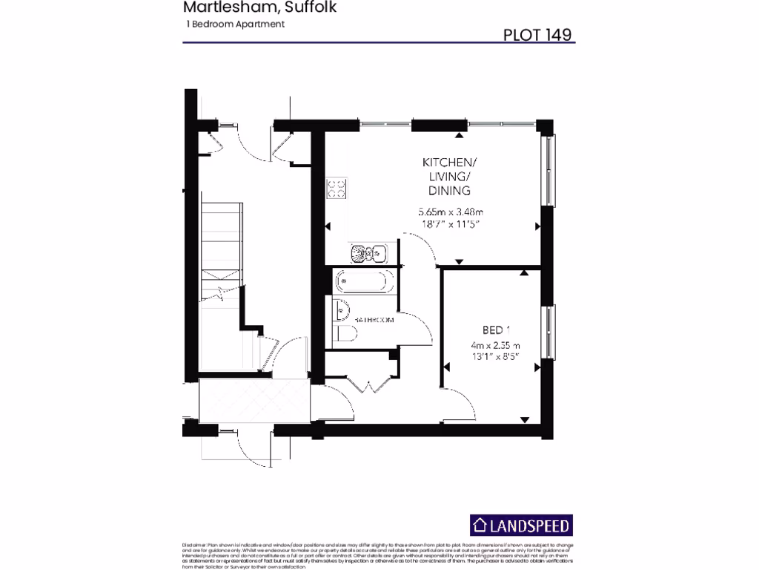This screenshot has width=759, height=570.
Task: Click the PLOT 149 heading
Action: [x=537, y=33]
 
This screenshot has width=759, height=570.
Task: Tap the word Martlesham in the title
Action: [x=216, y=8]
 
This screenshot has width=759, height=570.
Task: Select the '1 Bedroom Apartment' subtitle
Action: [x=236, y=24]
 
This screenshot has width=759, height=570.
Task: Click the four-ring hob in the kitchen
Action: [x=337, y=187]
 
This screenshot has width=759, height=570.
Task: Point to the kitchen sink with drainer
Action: [x=366, y=255]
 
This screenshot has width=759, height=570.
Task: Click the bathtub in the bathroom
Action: [x=360, y=282]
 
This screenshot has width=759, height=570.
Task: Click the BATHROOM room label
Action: [x=375, y=320]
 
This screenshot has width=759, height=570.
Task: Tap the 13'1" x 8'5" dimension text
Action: [x=494, y=357]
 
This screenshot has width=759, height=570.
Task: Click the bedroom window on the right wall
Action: [x=548, y=330]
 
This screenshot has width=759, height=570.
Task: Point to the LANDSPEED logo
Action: [x=522, y=526]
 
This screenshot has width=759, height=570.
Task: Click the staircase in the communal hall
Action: [x=219, y=252]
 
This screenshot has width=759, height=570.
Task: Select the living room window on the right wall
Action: [x=548, y=171]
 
